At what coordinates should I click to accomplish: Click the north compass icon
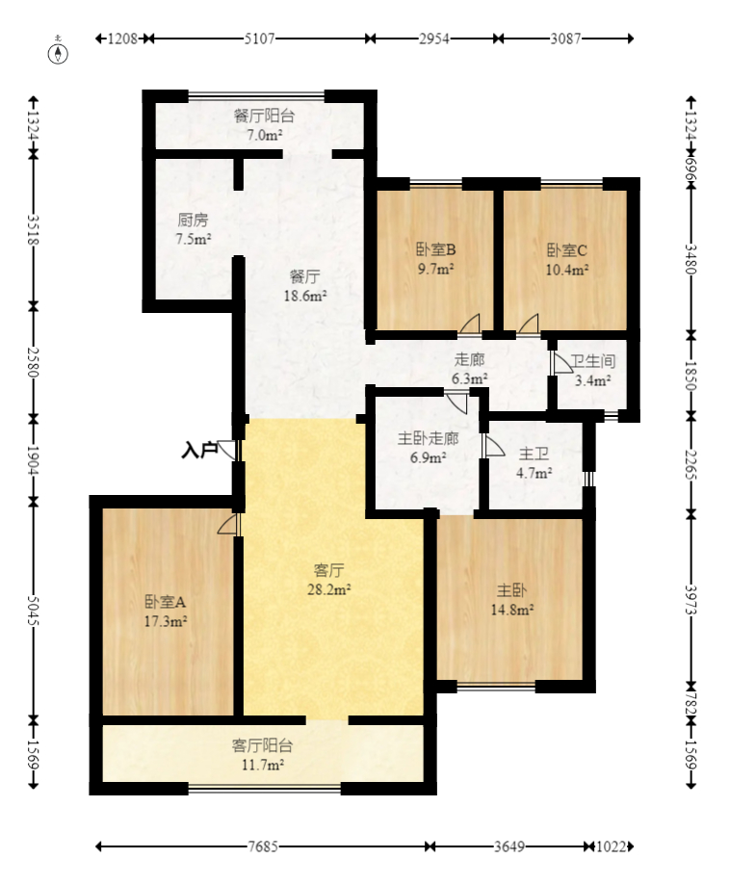pos(59,51)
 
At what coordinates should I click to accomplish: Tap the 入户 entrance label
pos(199,449)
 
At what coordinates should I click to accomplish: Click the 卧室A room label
pos(166,602)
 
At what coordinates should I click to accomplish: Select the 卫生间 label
pos(592,362)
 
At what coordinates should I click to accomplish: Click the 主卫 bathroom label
pos(534,453)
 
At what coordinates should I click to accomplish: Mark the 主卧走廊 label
pos(428,439)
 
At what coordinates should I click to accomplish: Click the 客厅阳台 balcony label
pos(262,745)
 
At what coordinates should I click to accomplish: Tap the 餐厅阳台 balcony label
pos(264,116)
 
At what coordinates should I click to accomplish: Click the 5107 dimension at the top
pos(257,39)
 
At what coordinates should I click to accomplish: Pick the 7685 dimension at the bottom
pos(263,847)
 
